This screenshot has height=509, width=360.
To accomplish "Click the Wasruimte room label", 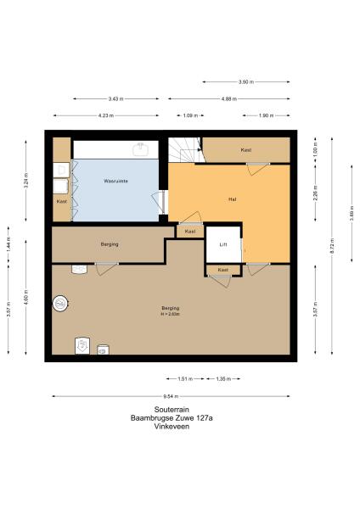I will [115, 182].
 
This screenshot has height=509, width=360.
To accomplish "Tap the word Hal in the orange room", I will [232, 199].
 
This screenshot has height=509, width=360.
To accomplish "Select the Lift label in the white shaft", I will [223, 244].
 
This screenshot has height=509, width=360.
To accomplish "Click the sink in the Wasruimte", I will [142, 149].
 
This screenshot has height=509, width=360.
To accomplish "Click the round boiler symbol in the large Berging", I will [61, 304].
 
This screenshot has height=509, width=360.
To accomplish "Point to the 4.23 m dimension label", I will [106, 115].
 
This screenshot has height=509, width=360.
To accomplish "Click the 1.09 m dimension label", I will [191, 115].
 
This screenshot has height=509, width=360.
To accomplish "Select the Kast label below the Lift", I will [223, 270].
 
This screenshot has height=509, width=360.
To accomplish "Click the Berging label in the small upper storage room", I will [109, 244].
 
